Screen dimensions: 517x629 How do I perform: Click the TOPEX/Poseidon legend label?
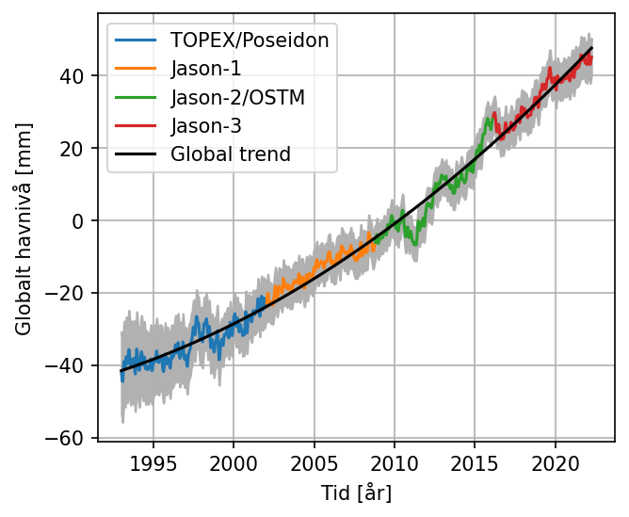pos(250,40)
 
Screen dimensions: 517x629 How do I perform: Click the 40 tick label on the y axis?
pos(75,76)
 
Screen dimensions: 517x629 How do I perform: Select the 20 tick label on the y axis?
pos(75,149)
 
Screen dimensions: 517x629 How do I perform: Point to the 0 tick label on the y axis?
pos(80,221)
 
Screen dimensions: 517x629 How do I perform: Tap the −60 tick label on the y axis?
pos(70,439)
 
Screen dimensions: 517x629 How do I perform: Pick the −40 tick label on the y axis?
pos(70,366)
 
